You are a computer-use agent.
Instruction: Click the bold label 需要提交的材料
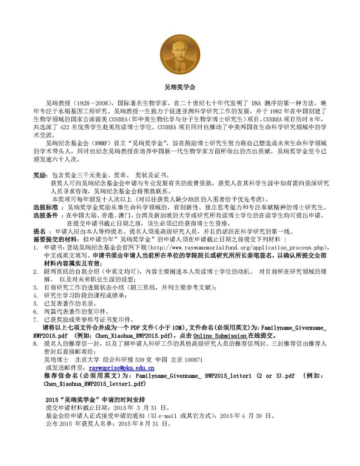(59, 239)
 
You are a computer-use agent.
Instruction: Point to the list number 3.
(35, 287)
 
